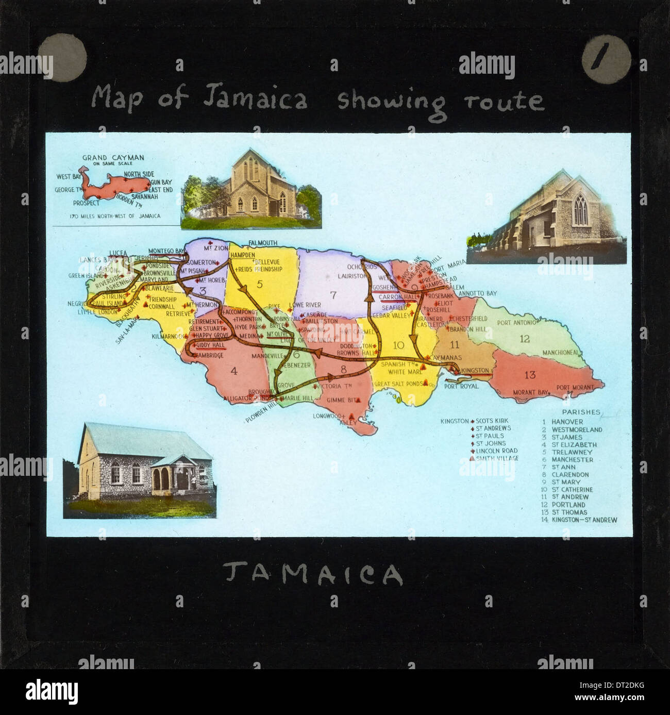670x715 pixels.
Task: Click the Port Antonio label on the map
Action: coord(517,323)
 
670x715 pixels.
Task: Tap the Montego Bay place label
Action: coord(166,251)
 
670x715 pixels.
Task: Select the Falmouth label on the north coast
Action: coord(262,243)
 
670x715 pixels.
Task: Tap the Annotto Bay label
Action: coord(477,293)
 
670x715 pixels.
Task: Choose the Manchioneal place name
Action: coord(562,353)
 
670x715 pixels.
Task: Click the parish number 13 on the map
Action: coord(530,375)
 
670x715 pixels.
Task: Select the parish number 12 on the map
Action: coord(525,339)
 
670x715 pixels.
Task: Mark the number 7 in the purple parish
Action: coord(333,295)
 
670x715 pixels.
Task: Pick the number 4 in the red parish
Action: coord(233,371)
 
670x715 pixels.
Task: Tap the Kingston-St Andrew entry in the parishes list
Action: coord(584,520)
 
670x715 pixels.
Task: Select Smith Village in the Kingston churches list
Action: coord(497,458)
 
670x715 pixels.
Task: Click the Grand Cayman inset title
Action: coord(113,158)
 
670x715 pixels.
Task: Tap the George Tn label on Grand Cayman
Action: coord(69,190)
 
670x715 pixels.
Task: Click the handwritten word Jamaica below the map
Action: coord(313,574)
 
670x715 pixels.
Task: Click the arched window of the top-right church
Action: coord(580,210)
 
